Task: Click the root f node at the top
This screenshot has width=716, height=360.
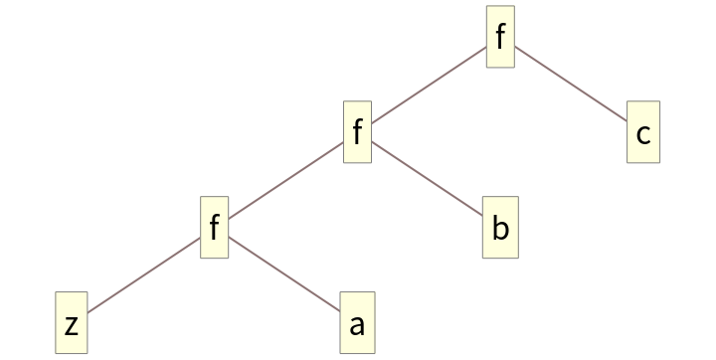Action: (x=500, y=38)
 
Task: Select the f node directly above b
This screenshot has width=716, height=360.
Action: (x=357, y=133)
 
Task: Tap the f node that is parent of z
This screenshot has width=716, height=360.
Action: (x=214, y=229)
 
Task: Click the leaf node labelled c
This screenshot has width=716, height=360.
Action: (x=643, y=133)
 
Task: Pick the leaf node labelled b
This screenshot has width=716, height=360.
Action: (x=500, y=229)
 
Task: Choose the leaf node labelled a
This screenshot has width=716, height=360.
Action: (x=357, y=324)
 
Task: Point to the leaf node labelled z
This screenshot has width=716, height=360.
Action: (x=72, y=324)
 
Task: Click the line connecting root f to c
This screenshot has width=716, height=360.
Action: (x=571, y=86)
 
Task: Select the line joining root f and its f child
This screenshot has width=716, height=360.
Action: (x=429, y=86)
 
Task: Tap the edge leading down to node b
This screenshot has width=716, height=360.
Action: (x=428, y=181)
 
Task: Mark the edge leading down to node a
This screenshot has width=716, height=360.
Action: (x=284, y=275)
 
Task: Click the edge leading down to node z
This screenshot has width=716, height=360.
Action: (x=143, y=276)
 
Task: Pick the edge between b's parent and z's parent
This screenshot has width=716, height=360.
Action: (x=285, y=181)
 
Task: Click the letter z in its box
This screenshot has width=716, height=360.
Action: (x=72, y=325)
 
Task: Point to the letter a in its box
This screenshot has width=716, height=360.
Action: (x=357, y=325)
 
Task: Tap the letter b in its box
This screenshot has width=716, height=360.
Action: (x=500, y=229)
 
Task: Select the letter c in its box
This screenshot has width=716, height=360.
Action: (x=643, y=134)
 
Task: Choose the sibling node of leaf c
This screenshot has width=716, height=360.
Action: (x=357, y=133)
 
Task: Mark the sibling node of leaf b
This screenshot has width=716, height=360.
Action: (x=214, y=229)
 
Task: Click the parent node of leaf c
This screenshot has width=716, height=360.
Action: (x=500, y=38)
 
